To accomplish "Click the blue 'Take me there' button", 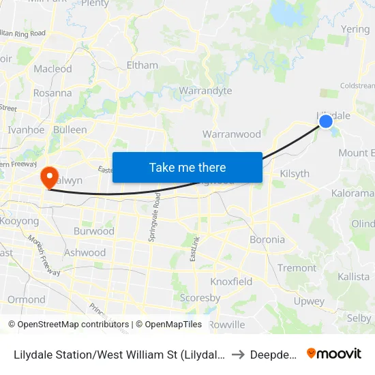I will click(187, 167).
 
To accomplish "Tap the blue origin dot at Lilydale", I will click(326, 121).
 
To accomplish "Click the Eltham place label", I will click(142, 65).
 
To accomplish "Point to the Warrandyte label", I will click(205, 91).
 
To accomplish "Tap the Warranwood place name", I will click(231, 134).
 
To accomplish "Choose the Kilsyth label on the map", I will click(295, 173).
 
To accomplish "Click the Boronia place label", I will click(267, 239).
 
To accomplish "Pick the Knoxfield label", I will click(231, 281).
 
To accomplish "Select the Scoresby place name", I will click(200, 298).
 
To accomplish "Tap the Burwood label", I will click(93, 230).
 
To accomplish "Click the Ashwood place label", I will click(85, 252).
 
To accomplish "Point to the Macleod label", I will click(52, 69).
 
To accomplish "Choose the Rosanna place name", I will click(52, 93).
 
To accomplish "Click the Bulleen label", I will click(70, 129).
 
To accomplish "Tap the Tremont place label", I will click(297, 268).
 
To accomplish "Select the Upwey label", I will click(309, 301).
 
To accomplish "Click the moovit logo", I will click(334, 353).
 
